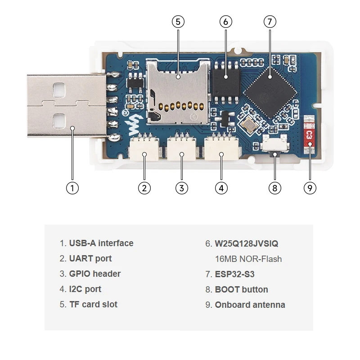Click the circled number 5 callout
[178, 22]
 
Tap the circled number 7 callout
[270, 22]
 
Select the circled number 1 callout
[72, 188]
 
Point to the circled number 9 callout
[310, 188]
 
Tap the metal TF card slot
[178, 92]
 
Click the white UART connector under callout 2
[144, 149]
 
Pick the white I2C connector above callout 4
[221, 149]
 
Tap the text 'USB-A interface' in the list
[101, 243]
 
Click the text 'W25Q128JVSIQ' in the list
[247, 244]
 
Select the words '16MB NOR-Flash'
[248, 259]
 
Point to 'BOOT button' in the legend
[241, 289]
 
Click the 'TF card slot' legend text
[93, 305]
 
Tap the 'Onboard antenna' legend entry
[250, 305]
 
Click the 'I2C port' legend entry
[85, 289]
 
